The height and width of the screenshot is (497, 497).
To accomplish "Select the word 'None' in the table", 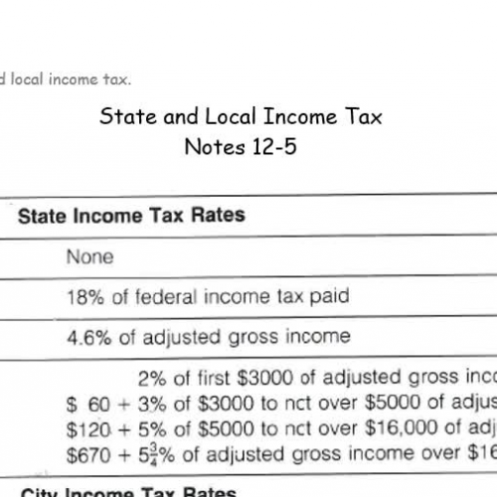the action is coord(89,256).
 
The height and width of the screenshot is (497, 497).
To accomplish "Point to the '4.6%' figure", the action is coord(88,336).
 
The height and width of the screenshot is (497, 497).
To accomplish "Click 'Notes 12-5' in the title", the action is coord(241,147).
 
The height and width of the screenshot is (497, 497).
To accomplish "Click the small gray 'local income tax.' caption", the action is coord(68,78).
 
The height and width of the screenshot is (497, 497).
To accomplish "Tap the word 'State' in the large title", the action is coord(123,116).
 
